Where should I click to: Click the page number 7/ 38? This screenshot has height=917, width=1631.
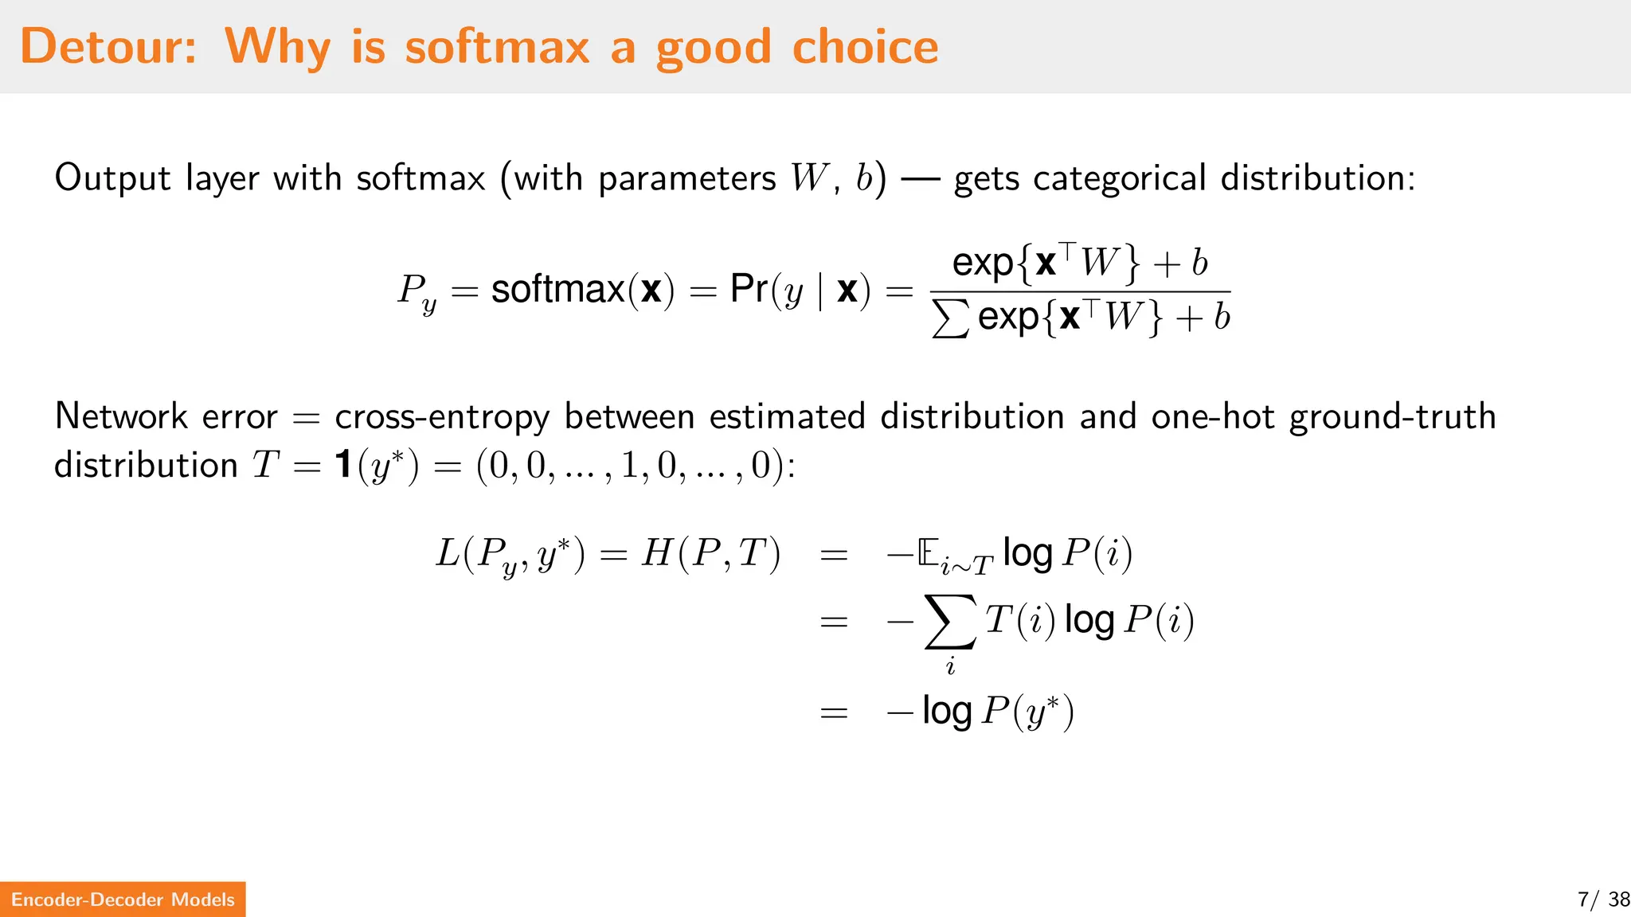1602,899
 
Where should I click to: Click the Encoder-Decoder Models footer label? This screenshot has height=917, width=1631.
123,899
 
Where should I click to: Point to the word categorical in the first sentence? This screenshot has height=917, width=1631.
1119,178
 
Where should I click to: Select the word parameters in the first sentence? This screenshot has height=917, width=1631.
686,178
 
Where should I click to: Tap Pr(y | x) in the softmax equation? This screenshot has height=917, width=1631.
800,290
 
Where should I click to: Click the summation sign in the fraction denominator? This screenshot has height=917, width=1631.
950,318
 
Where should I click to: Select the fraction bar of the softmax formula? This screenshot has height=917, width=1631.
1080,291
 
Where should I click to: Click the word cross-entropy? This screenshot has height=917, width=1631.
442,417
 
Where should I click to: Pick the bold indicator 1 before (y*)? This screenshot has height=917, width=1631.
343,464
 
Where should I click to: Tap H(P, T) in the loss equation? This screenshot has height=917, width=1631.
710,553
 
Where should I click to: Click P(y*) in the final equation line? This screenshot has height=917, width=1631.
1027,711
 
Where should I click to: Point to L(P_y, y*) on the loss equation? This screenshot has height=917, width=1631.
510,554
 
